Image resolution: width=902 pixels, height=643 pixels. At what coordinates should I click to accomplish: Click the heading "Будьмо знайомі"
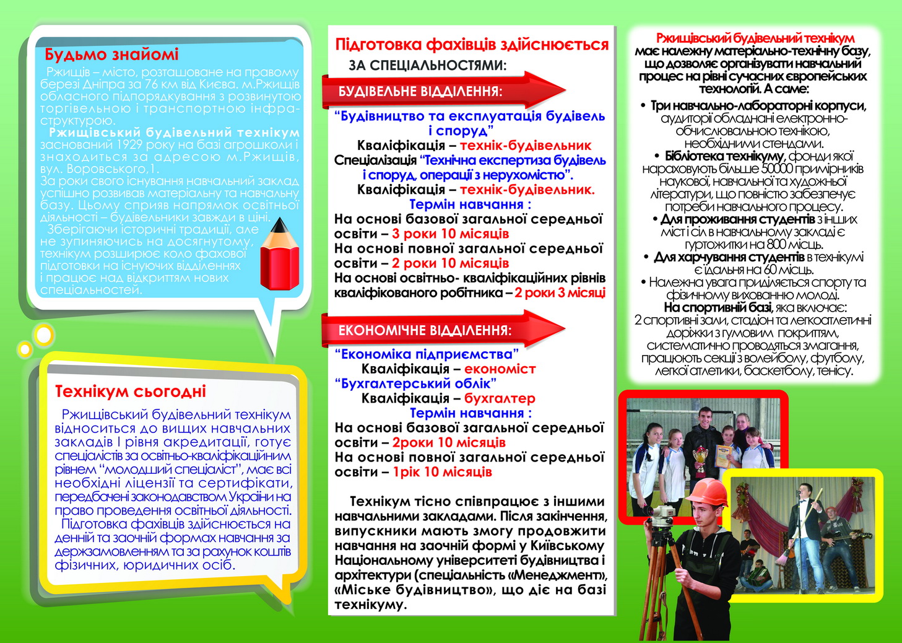(x=111, y=55)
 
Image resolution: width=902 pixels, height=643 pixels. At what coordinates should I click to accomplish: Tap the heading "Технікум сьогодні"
(x=130, y=391)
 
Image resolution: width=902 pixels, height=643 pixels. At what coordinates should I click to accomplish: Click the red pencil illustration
(x=280, y=255)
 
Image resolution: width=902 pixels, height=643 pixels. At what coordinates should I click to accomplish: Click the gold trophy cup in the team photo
(x=700, y=459)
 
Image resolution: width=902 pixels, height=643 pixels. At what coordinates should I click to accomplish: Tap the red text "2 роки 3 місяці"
(x=560, y=293)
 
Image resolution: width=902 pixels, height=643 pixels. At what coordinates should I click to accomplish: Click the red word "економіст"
(x=500, y=369)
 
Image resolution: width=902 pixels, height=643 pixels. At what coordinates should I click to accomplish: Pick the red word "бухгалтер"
(x=500, y=398)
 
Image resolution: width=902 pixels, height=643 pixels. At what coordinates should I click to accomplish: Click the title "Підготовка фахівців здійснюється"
(x=472, y=45)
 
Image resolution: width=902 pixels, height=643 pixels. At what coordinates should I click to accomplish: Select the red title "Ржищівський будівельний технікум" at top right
(x=755, y=38)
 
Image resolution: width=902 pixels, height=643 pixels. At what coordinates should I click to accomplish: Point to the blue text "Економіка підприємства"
(x=427, y=354)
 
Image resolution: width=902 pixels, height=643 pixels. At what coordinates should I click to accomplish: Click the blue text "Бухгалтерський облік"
(x=415, y=383)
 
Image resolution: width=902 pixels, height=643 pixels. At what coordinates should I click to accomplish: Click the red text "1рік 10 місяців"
(x=442, y=472)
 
